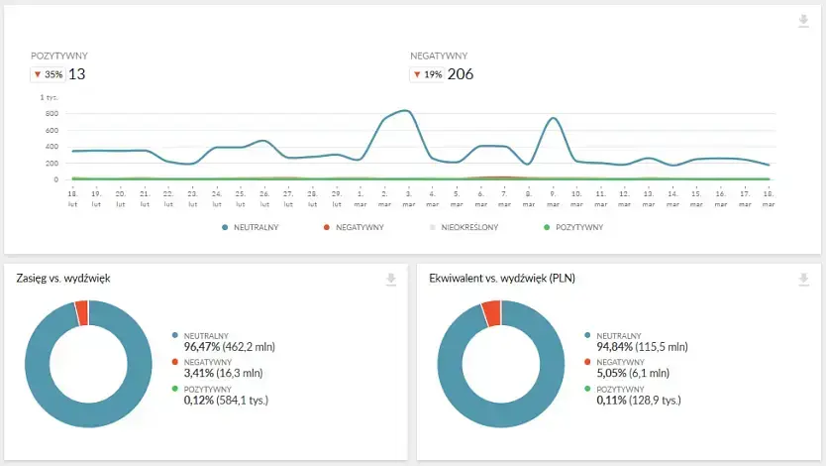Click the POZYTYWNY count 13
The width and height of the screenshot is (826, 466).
[76, 74]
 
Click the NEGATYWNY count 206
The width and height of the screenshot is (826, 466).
[462, 74]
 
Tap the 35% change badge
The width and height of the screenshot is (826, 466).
[49, 74]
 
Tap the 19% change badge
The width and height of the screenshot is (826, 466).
[427, 74]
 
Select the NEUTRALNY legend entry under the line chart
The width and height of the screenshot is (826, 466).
[253, 227]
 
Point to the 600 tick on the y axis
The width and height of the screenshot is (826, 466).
[52, 114]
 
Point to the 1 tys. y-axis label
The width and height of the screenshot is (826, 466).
[50, 97]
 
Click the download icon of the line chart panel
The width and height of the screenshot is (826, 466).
[803, 22]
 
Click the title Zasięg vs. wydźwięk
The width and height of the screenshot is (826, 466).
[63, 279]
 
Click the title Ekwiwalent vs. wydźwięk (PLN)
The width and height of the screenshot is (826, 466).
[502, 279]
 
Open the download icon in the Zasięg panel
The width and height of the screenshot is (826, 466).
[391, 280]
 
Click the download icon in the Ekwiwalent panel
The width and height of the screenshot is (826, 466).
[803, 280]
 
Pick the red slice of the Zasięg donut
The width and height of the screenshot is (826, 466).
[81, 312]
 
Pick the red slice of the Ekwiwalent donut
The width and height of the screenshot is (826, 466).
[491, 313]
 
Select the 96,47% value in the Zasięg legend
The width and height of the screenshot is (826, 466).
[202, 348]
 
